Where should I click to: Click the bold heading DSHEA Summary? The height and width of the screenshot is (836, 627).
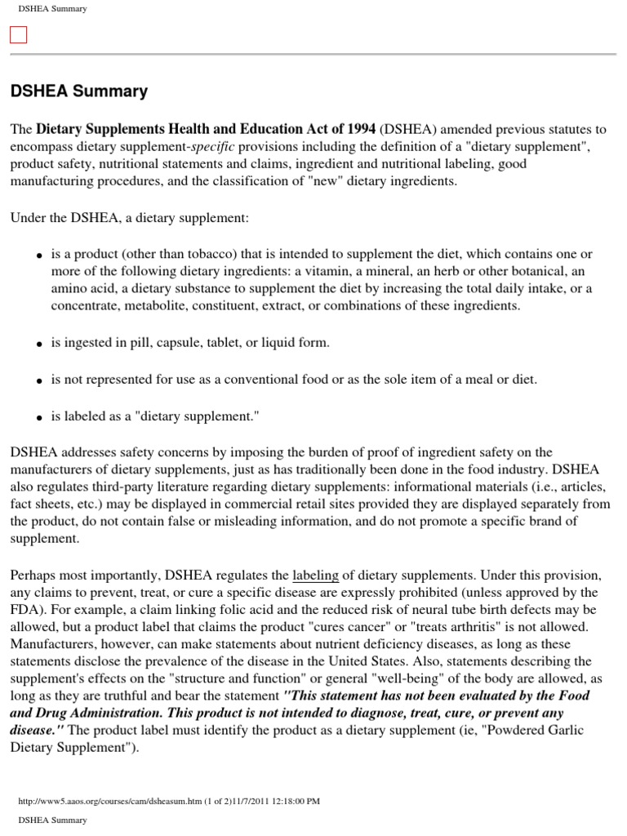(x=79, y=91)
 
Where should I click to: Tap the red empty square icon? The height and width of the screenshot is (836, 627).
(x=18, y=34)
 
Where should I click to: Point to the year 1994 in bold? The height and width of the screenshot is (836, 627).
(x=360, y=129)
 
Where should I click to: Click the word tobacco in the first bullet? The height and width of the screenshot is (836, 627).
(x=192, y=255)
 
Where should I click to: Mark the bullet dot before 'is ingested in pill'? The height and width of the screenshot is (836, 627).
(x=38, y=345)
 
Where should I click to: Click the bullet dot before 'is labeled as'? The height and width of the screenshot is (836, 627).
(x=38, y=418)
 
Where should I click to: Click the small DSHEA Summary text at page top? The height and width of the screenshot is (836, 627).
(x=52, y=8)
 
